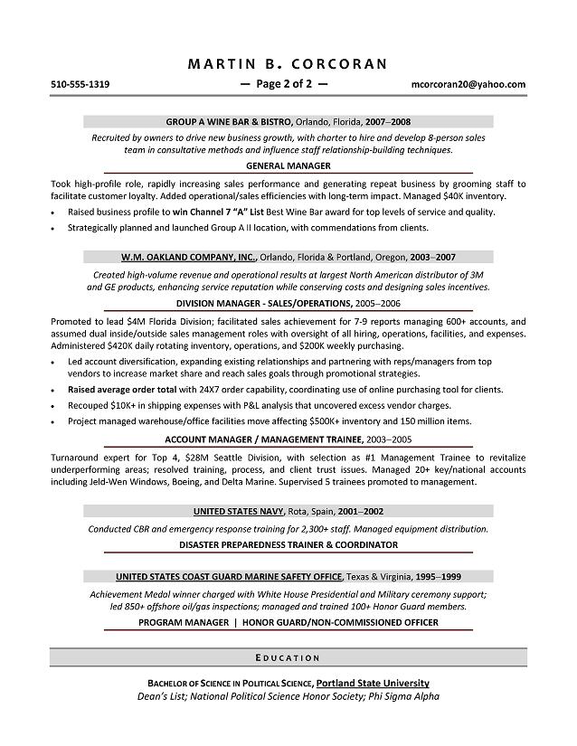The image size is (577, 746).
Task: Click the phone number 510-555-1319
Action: tap(80, 84)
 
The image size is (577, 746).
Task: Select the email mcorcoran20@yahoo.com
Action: tap(468, 84)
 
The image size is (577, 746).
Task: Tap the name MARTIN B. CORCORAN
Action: tap(288, 63)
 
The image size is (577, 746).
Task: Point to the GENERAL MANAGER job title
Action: tap(288, 166)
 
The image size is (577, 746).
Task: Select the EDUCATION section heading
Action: tap(288, 657)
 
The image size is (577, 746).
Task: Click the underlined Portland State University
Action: tap(373, 683)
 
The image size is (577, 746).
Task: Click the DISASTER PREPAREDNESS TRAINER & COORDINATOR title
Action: tap(288, 544)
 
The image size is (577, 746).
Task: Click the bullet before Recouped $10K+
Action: tap(55, 406)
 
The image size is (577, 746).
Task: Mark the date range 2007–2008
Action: tap(390, 120)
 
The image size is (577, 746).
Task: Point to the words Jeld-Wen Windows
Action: tap(113, 482)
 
